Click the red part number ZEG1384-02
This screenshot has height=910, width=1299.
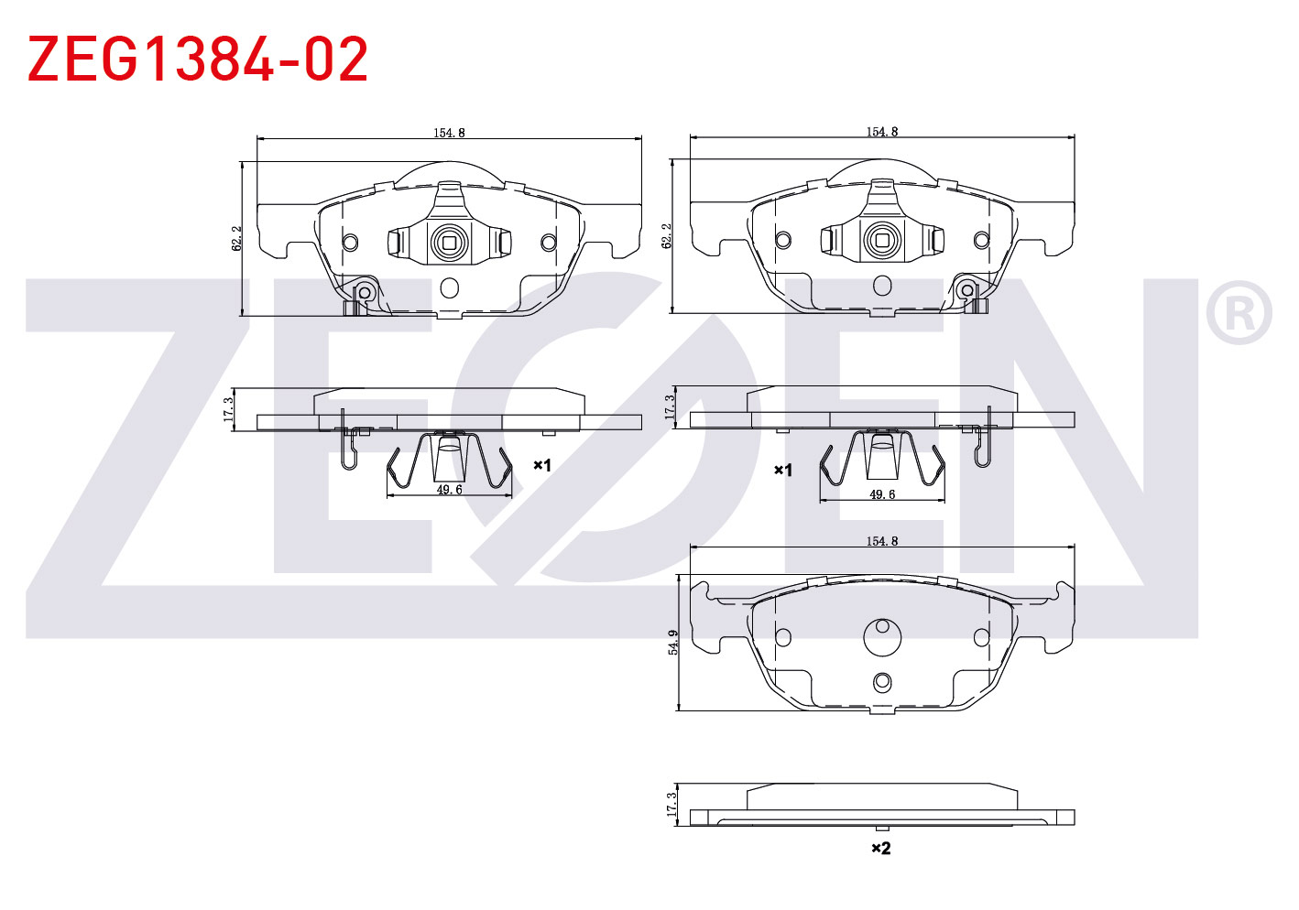(198, 59)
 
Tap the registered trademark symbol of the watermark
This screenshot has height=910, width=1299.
(1239, 312)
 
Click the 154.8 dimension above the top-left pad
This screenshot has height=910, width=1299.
(450, 133)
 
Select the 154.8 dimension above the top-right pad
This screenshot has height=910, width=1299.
(882, 132)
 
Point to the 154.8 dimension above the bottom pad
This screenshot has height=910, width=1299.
(882, 541)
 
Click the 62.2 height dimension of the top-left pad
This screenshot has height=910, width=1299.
(236, 238)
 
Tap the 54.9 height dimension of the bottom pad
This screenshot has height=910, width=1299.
(672, 642)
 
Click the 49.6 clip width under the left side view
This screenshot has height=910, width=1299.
(450, 490)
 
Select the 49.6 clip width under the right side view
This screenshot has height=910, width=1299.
(882, 494)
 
